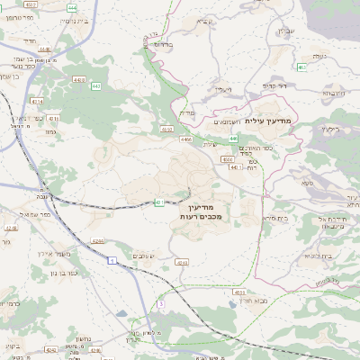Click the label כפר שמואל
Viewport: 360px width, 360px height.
(x=32, y=214)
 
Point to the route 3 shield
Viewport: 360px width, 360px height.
(x=161, y=305)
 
